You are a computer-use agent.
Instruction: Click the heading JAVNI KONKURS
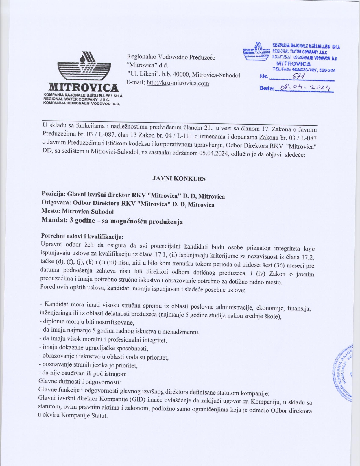[x=179, y=178]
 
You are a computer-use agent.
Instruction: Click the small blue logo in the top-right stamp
[x=257, y=51]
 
